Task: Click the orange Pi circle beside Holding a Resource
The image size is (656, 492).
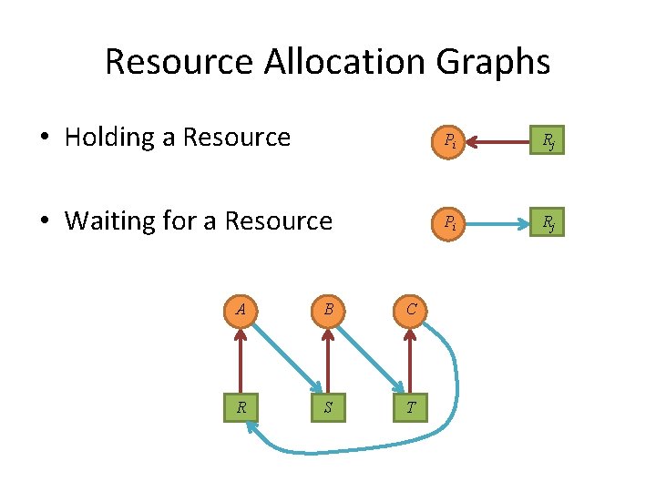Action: (450, 139)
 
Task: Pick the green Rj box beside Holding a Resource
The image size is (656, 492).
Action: (549, 139)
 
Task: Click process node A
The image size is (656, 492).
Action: (241, 310)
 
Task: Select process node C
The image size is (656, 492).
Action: (412, 310)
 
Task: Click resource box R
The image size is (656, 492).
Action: (241, 407)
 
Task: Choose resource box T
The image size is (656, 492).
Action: (412, 407)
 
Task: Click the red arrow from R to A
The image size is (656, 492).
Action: (241, 359)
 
